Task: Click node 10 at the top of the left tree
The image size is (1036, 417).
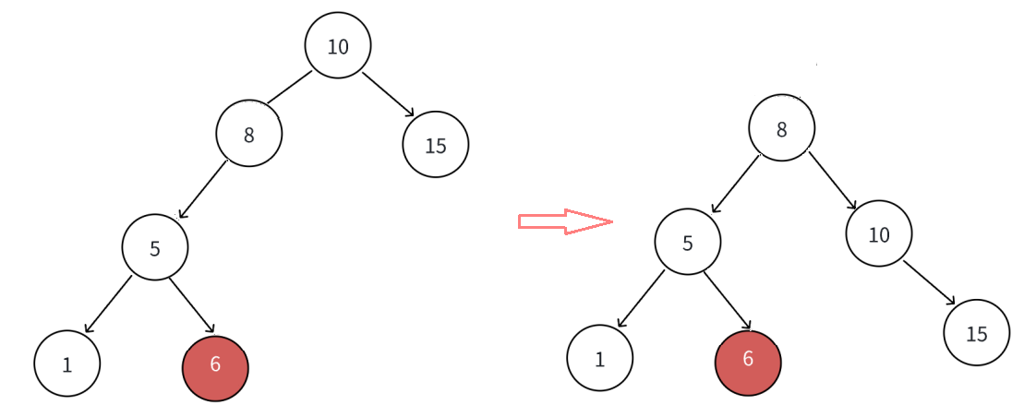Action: click(338, 45)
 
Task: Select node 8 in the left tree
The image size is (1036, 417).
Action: click(248, 134)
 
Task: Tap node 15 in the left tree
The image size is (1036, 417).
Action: click(436, 144)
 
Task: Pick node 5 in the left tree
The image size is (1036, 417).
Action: click(155, 247)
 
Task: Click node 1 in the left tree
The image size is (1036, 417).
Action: click(67, 363)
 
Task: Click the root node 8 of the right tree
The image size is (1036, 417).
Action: click(781, 128)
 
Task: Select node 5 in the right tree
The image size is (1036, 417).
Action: click(688, 242)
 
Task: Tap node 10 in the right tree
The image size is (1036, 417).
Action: click(879, 233)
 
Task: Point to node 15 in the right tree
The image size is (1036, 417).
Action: click(977, 332)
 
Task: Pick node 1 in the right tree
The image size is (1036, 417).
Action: click(600, 358)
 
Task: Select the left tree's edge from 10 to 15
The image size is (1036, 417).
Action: click(388, 94)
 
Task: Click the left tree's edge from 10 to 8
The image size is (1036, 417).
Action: click(289, 88)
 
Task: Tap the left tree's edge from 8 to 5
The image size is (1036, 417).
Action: click(203, 189)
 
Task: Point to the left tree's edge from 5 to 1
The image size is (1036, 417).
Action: click(108, 304)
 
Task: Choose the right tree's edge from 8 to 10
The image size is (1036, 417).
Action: click(833, 180)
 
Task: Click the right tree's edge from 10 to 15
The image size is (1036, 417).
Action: click(929, 282)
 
